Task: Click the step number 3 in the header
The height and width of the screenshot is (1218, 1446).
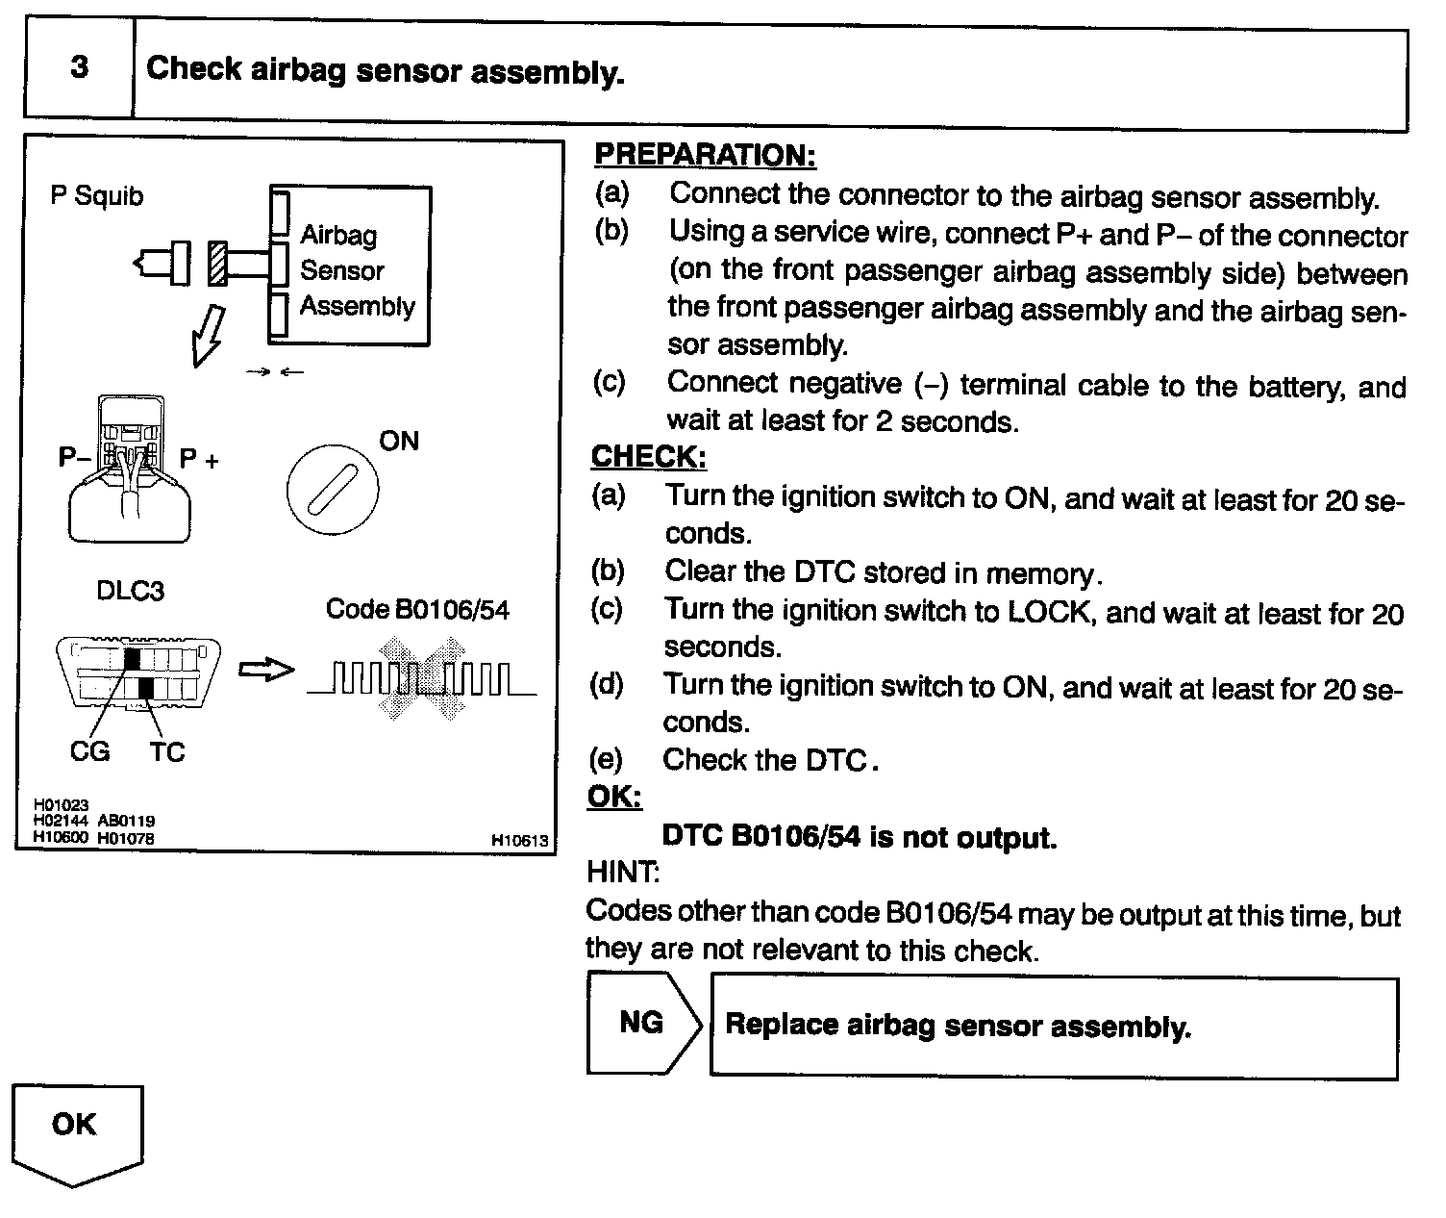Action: (x=79, y=67)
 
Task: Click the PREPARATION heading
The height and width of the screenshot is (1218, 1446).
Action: (x=705, y=154)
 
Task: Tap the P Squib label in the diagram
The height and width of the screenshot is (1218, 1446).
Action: (x=97, y=196)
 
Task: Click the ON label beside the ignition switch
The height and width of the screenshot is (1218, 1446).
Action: (x=399, y=441)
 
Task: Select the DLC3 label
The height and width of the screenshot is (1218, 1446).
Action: (x=131, y=590)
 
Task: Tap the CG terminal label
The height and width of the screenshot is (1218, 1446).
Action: (x=89, y=751)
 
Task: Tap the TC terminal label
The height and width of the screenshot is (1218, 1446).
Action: (x=166, y=751)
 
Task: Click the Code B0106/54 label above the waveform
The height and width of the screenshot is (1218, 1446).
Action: (x=417, y=609)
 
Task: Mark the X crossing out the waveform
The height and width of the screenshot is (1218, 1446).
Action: (x=423, y=678)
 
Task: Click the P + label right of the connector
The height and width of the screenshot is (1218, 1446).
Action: (x=199, y=459)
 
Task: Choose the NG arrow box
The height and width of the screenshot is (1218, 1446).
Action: (x=642, y=1022)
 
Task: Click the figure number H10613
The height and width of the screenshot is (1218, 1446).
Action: (x=519, y=840)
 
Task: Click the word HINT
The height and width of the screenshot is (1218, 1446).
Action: (x=622, y=873)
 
